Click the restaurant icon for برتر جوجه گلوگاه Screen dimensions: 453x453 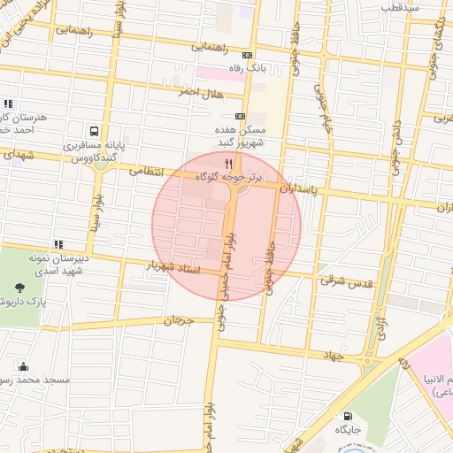[229, 163]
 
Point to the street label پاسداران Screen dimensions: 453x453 [297, 188]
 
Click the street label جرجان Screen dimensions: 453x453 [178, 319]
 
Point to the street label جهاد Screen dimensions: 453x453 [333, 355]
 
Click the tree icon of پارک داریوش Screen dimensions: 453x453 [19, 288]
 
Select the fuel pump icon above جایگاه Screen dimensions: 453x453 [346, 415]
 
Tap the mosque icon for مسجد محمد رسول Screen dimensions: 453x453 [23, 366]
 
